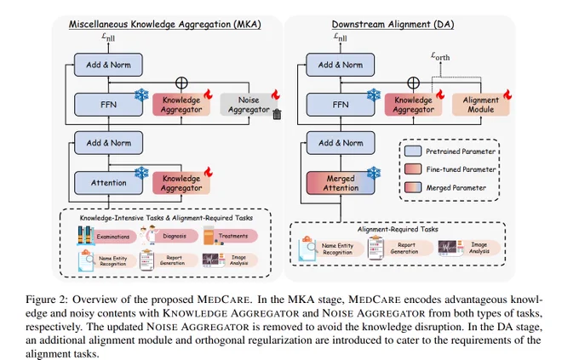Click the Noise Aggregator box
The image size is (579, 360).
point(249,105)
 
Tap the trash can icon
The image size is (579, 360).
point(277,115)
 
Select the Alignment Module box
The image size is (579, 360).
point(481,105)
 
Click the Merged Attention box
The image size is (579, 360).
point(341,183)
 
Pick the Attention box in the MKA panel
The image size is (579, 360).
point(109,183)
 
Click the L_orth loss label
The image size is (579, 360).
point(440,56)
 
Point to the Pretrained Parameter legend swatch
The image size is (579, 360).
point(413,151)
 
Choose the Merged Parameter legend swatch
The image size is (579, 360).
point(413,187)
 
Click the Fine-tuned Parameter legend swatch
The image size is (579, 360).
point(413,169)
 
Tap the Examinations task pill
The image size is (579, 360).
point(113,237)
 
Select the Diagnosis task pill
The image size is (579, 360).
point(175,236)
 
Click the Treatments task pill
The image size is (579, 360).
point(233,236)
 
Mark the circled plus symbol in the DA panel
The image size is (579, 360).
point(413,83)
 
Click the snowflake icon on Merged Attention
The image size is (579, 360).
point(374,173)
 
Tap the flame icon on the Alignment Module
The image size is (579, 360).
point(507,94)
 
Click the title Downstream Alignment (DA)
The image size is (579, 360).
point(393,25)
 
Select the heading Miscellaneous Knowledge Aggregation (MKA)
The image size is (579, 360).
point(164,25)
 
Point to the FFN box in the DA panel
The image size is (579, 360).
point(341,105)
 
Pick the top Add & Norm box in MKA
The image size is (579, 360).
point(109,65)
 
